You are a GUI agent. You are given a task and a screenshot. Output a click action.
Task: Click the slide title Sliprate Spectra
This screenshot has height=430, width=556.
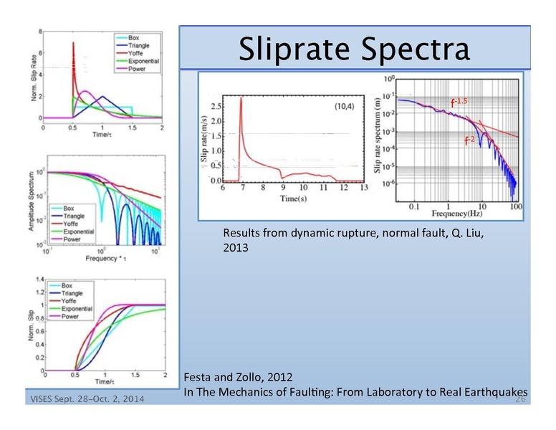355,49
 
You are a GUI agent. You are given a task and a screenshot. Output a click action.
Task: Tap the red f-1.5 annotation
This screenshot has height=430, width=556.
459,102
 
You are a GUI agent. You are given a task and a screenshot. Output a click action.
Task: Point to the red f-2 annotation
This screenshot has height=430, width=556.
470,140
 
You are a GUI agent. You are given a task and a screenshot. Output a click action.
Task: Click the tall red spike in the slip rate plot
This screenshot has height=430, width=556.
241,100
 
